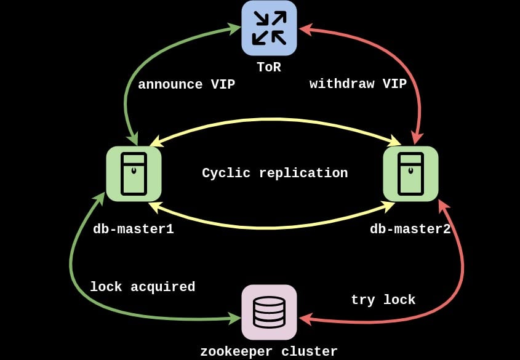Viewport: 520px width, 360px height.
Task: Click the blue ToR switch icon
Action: coord(269,28)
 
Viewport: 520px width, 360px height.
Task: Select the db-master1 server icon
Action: coord(134,174)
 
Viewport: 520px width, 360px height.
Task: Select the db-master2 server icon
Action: coord(410,174)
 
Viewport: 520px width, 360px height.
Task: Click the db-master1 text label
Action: coord(134,230)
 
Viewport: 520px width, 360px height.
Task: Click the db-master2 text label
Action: coord(410,230)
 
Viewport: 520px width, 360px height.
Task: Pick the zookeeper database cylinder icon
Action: coord(269,312)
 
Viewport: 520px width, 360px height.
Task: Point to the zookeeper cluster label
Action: coord(269,351)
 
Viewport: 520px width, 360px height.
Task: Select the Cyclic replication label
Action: coord(275,174)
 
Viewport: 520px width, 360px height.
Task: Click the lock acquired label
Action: coord(142,287)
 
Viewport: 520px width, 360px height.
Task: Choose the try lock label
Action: coord(383,300)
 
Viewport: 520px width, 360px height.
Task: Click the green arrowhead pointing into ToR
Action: coord(234,28)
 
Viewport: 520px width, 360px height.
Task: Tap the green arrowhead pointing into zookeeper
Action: coord(234,318)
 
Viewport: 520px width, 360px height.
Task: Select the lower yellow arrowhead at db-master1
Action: coord(154,206)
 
